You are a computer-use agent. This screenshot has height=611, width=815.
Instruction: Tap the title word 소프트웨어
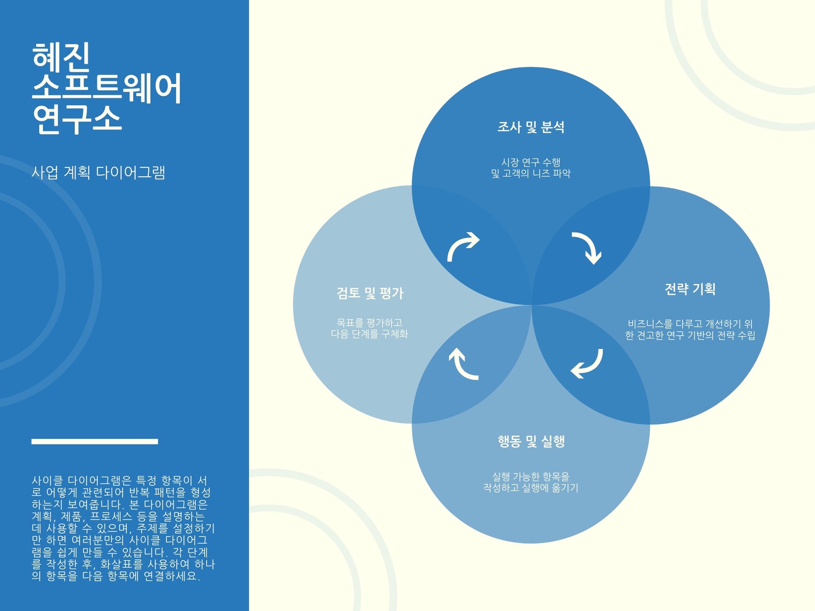point(106,88)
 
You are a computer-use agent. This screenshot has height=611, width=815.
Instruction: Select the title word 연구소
point(77,119)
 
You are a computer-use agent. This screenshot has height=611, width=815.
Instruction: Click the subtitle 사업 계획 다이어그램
point(98,173)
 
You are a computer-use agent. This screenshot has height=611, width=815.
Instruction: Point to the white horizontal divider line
point(95,441)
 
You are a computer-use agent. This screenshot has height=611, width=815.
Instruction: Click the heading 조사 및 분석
point(531,127)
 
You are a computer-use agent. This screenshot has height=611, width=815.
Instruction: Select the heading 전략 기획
point(690,289)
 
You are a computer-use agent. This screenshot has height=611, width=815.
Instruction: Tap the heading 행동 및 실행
point(531,441)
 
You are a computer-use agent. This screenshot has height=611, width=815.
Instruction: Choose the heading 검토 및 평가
point(370,293)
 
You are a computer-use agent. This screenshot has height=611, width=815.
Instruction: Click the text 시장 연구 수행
point(531,162)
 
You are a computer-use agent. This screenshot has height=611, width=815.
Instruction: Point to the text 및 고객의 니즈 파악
point(531,173)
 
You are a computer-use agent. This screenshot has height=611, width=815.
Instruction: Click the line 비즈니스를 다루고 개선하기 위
point(690,324)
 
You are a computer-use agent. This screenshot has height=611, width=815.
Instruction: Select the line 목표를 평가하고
point(369,322)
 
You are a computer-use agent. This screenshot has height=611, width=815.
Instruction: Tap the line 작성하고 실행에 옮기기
point(531,487)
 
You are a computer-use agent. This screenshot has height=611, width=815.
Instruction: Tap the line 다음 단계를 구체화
point(369,334)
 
